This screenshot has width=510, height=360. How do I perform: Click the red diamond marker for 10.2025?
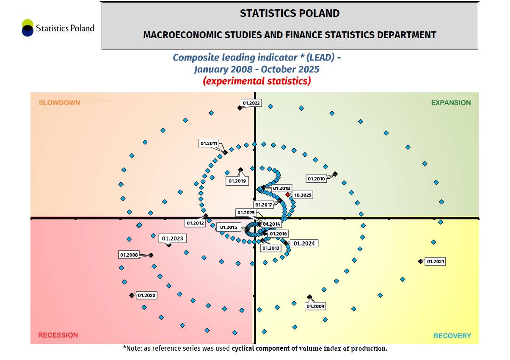(x=288, y=195)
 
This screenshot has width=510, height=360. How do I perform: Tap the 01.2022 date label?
(x=251, y=102)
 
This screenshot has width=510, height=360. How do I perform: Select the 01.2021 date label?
(x=436, y=261)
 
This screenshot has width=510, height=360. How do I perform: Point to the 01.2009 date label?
(x=315, y=306)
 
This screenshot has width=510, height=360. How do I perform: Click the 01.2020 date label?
(x=147, y=295)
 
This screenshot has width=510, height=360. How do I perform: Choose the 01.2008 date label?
(x=129, y=255)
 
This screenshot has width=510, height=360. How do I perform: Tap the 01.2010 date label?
(x=316, y=179)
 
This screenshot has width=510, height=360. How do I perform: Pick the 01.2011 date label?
(x=209, y=144)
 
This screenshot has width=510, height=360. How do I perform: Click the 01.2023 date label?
(x=173, y=238)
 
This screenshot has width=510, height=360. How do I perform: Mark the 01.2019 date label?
(x=237, y=181)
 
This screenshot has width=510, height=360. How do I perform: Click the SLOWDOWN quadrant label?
(x=59, y=102)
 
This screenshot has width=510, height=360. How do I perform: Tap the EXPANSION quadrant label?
(x=451, y=102)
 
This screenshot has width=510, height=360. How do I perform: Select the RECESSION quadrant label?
(x=58, y=335)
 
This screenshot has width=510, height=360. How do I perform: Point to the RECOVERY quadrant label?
(x=452, y=336)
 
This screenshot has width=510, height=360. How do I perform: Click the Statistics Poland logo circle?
(x=28, y=28)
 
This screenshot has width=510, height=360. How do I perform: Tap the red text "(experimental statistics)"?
(x=257, y=81)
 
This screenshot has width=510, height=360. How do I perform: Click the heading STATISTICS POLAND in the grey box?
(x=289, y=14)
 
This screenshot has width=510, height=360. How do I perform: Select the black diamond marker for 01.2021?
(x=420, y=261)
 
